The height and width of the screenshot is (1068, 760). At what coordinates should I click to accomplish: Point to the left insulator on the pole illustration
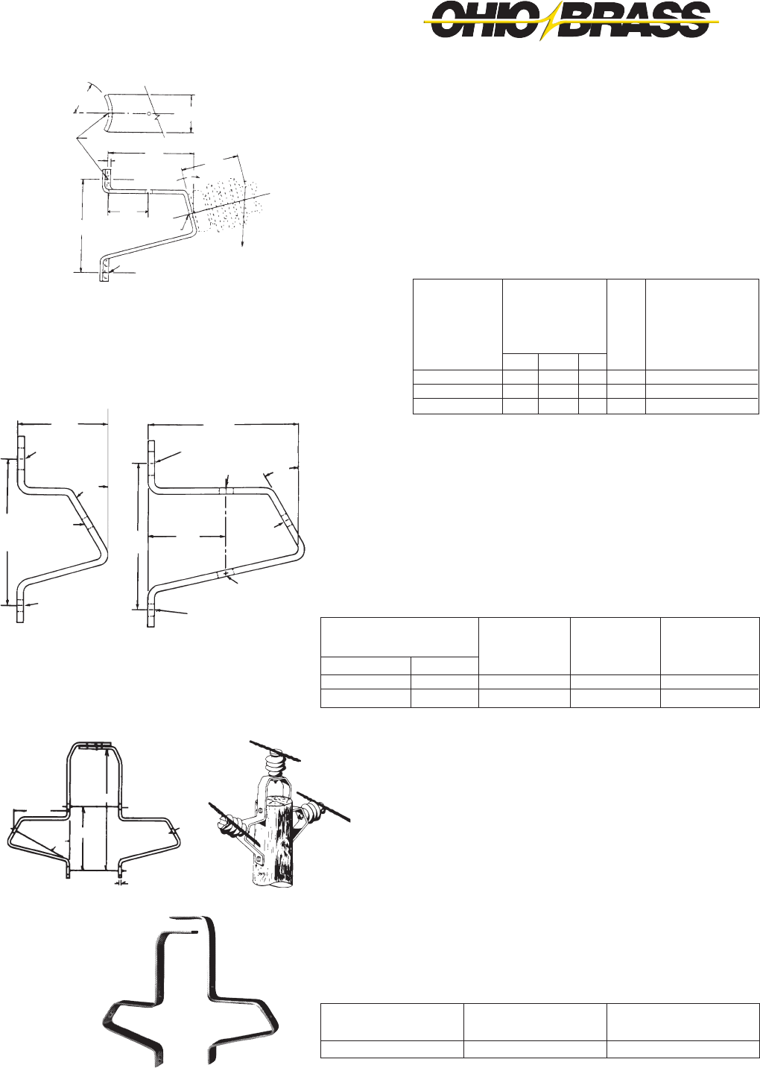(229, 827)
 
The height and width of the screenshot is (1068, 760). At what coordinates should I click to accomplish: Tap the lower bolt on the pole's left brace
(259, 859)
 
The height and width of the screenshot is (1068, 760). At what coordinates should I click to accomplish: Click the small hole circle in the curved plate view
(149, 114)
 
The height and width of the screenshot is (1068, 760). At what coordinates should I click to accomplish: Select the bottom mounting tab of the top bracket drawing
(105, 270)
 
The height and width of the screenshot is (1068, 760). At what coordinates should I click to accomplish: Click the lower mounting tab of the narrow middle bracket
(20, 611)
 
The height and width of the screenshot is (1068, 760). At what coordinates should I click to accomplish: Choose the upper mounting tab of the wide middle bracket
(151, 455)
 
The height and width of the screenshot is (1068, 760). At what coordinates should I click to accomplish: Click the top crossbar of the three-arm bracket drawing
(93, 744)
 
